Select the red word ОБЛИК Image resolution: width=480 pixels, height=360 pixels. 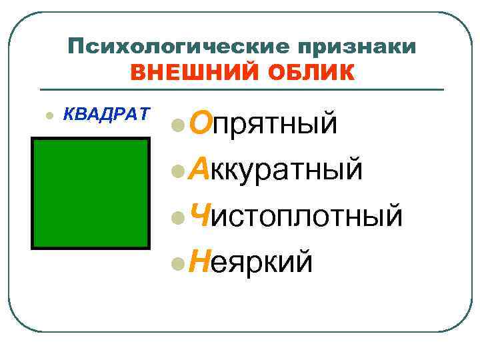click(305, 71)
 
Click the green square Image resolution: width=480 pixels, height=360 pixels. click(91, 193)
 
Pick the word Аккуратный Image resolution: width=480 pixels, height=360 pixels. click(276, 169)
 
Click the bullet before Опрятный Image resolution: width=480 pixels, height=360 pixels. click(177, 125)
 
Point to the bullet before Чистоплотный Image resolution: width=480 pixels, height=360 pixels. click(177, 217)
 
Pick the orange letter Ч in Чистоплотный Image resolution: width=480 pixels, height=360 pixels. click(200, 215)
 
